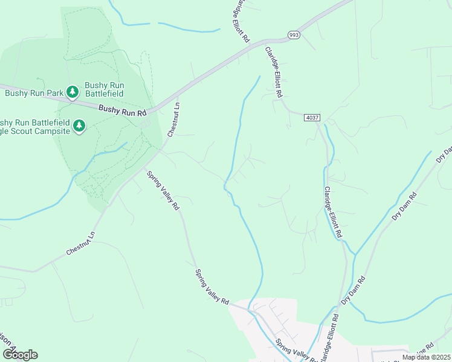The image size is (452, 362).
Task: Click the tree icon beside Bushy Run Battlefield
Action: coord(73,92)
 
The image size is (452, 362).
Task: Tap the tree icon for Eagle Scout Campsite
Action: coord(79,125)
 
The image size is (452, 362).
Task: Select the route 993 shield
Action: coord(294,36)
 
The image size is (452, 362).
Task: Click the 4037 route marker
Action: coord(312,117)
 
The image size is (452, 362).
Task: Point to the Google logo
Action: coord(20,354)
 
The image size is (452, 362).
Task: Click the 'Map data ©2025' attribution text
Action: coord(426,357)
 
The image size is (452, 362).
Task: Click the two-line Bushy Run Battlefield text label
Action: coord(104,89)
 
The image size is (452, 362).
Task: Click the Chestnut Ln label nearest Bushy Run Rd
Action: coord(173,119)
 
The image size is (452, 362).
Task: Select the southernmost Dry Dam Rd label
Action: coord(354,290)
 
